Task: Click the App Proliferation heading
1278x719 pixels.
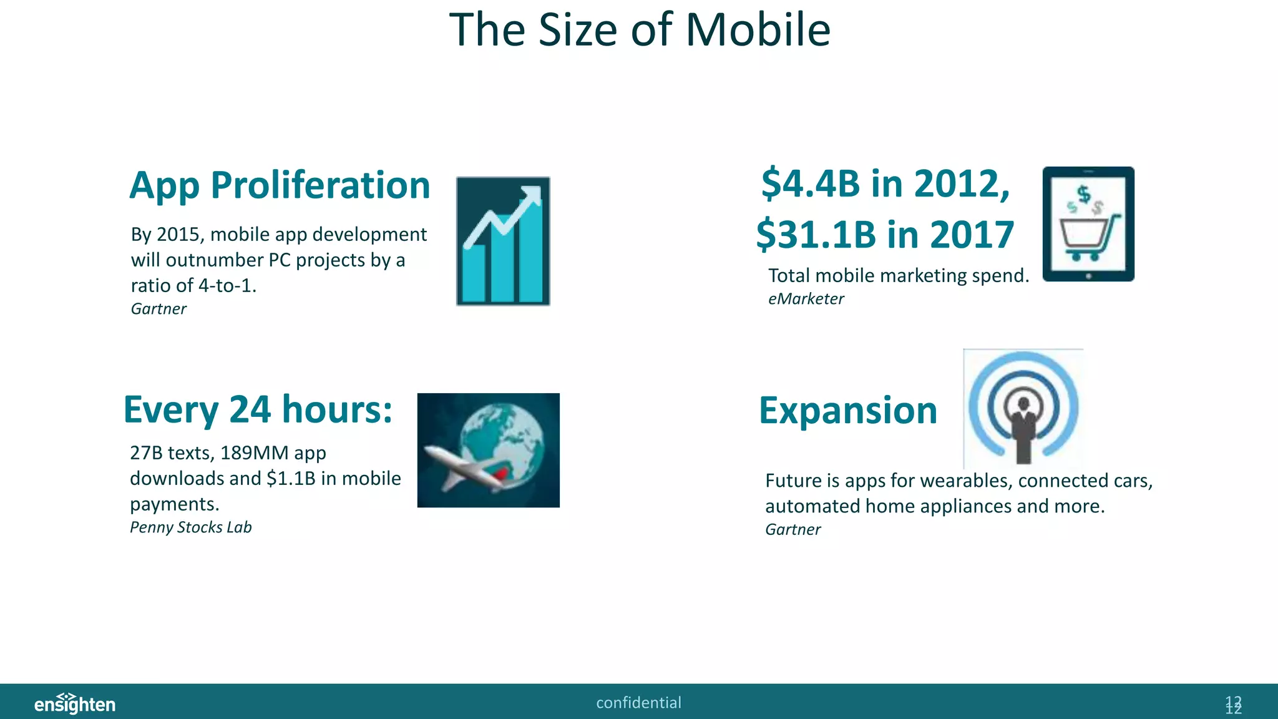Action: click(x=280, y=186)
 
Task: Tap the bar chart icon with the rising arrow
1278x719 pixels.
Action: click(x=503, y=242)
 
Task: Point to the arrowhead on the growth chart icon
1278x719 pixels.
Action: click(x=532, y=194)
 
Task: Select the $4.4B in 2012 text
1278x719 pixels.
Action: click(x=885, y=184)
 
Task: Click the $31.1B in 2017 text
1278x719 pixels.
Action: click(x=885, y=235)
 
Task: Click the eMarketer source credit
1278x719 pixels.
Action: click(x=806, y=299)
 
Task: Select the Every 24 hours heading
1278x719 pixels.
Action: click(x=258, y=410)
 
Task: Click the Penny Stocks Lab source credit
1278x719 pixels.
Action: click(x=190, y=527)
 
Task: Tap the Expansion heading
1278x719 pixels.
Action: click(x=848, y=411)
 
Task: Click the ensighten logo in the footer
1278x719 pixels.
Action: click(x=75, y=703)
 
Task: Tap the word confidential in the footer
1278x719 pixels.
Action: click(x=638, y=703)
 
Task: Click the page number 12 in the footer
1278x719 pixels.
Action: click(x=1233, y=705)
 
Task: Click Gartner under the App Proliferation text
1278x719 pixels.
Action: click(x=159, y=309)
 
